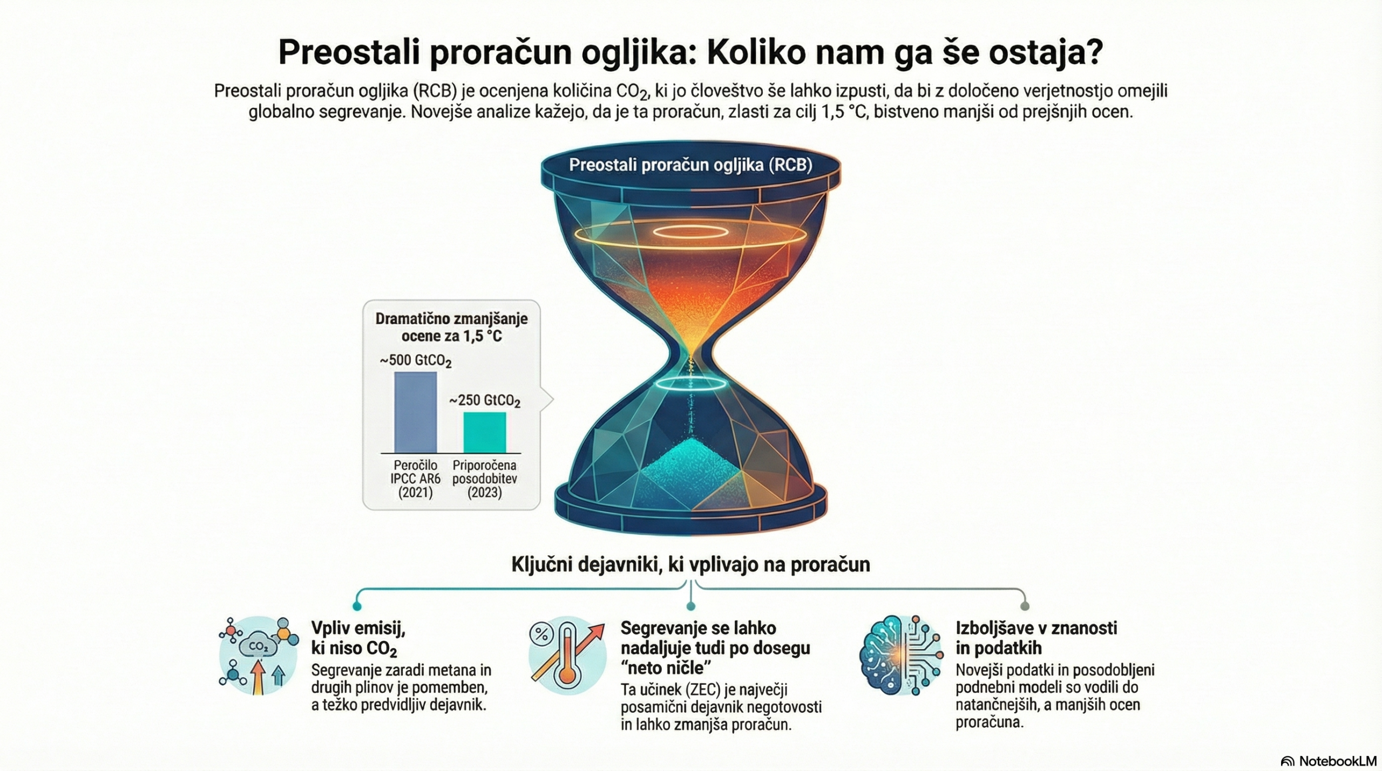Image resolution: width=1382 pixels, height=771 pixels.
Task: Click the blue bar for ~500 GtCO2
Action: (x=415, y=412)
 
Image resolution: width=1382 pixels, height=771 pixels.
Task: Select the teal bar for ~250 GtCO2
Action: (x=485, y=433)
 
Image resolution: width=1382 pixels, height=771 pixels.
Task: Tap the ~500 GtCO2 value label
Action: (x=416, y=360)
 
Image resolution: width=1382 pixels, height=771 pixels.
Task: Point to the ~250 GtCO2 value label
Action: (x=485, y=401)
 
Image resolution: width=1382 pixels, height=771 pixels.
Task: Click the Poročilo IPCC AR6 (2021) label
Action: (x=415, y=479)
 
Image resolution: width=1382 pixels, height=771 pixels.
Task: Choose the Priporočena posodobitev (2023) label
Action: (x=484, y=479)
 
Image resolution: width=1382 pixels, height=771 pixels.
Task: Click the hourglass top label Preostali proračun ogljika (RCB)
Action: (x=690, y=165)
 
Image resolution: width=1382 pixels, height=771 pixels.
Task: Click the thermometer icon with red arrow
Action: (x=567, y=655)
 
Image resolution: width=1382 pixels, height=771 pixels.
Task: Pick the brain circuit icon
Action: (x=899, y=654)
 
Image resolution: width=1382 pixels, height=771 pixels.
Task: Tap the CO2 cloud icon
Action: (x=259, y=655)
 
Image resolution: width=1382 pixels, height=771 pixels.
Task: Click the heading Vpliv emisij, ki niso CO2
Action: (x=358, y=638)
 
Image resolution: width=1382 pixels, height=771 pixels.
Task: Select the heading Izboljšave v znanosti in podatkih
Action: (x=1036, y=638)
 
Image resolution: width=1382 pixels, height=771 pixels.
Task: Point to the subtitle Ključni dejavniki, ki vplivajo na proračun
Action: (x=690, y=564)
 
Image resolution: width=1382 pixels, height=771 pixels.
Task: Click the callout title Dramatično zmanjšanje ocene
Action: (x=451, y=327)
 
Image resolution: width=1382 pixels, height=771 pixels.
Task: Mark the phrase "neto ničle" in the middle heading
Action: (x=665, y=668)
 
